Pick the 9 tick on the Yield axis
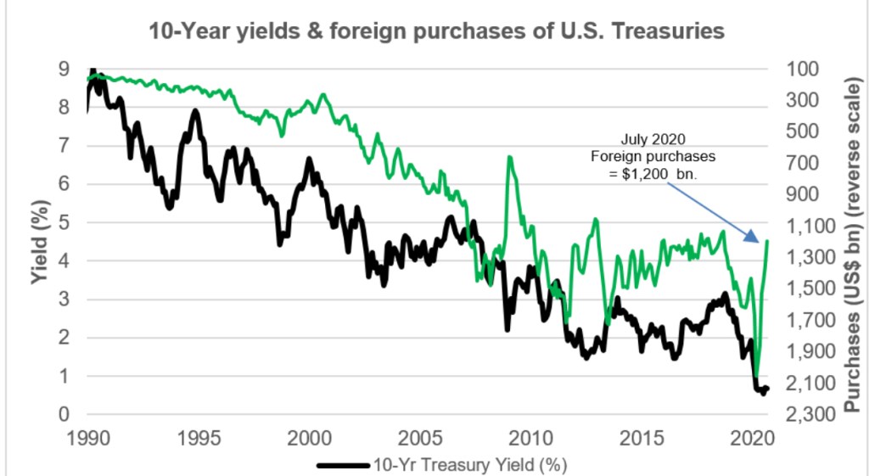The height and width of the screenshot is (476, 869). point(65,70)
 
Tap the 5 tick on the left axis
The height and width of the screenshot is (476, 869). point(65,223)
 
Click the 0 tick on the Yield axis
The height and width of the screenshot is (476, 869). point(65,415)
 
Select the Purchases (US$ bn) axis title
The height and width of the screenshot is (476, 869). point(851,242)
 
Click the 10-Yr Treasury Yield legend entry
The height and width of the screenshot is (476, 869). point(441,465)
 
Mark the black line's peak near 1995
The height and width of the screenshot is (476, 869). point(195,110)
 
